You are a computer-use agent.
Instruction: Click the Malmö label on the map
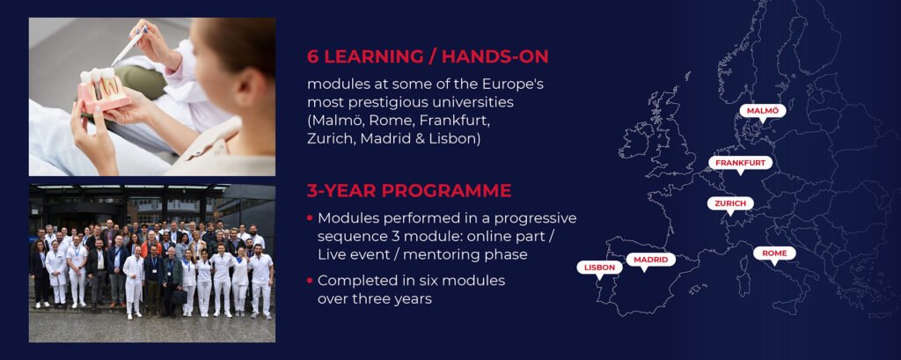[x=762, y=110]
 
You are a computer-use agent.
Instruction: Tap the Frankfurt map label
[x=740, y=163]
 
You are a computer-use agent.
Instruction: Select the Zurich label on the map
[x=730, y=203]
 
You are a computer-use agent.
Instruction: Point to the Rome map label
[x=774, y=253]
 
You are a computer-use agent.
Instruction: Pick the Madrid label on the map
[x=650, y=260]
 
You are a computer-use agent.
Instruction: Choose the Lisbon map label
[x=599, y=268]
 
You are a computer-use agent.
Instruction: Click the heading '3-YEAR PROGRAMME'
[x=409, y=191]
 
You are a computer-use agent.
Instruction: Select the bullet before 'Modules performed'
[x=311, y=218]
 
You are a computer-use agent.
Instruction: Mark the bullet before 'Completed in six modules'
[x=311, y=281]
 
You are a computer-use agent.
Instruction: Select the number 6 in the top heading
[x=312, y=57]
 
